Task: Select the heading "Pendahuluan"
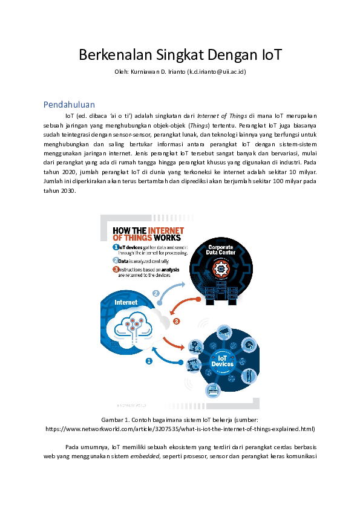pyautogui.click(x=69, y=104)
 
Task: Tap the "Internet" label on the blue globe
pyautogui.click(x=126, y=302)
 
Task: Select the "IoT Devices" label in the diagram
pyautogui.click(x=222, y=361)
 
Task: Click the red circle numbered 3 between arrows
pyautogui.click(x=177, y=321)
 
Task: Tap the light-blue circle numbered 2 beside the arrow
pyautogui.click(x=155, y=293)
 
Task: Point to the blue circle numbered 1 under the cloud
pyautogui.click(x=148, y=361)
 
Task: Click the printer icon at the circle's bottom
pyautogui.click(x=212, y=391)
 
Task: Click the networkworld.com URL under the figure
pyautogui.click(x=180, y=429)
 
